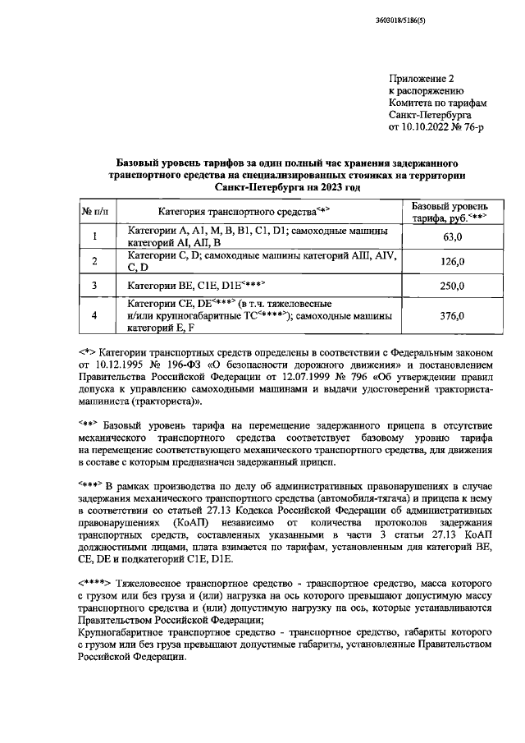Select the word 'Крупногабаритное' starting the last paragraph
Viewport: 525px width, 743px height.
tap(124, 634)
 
